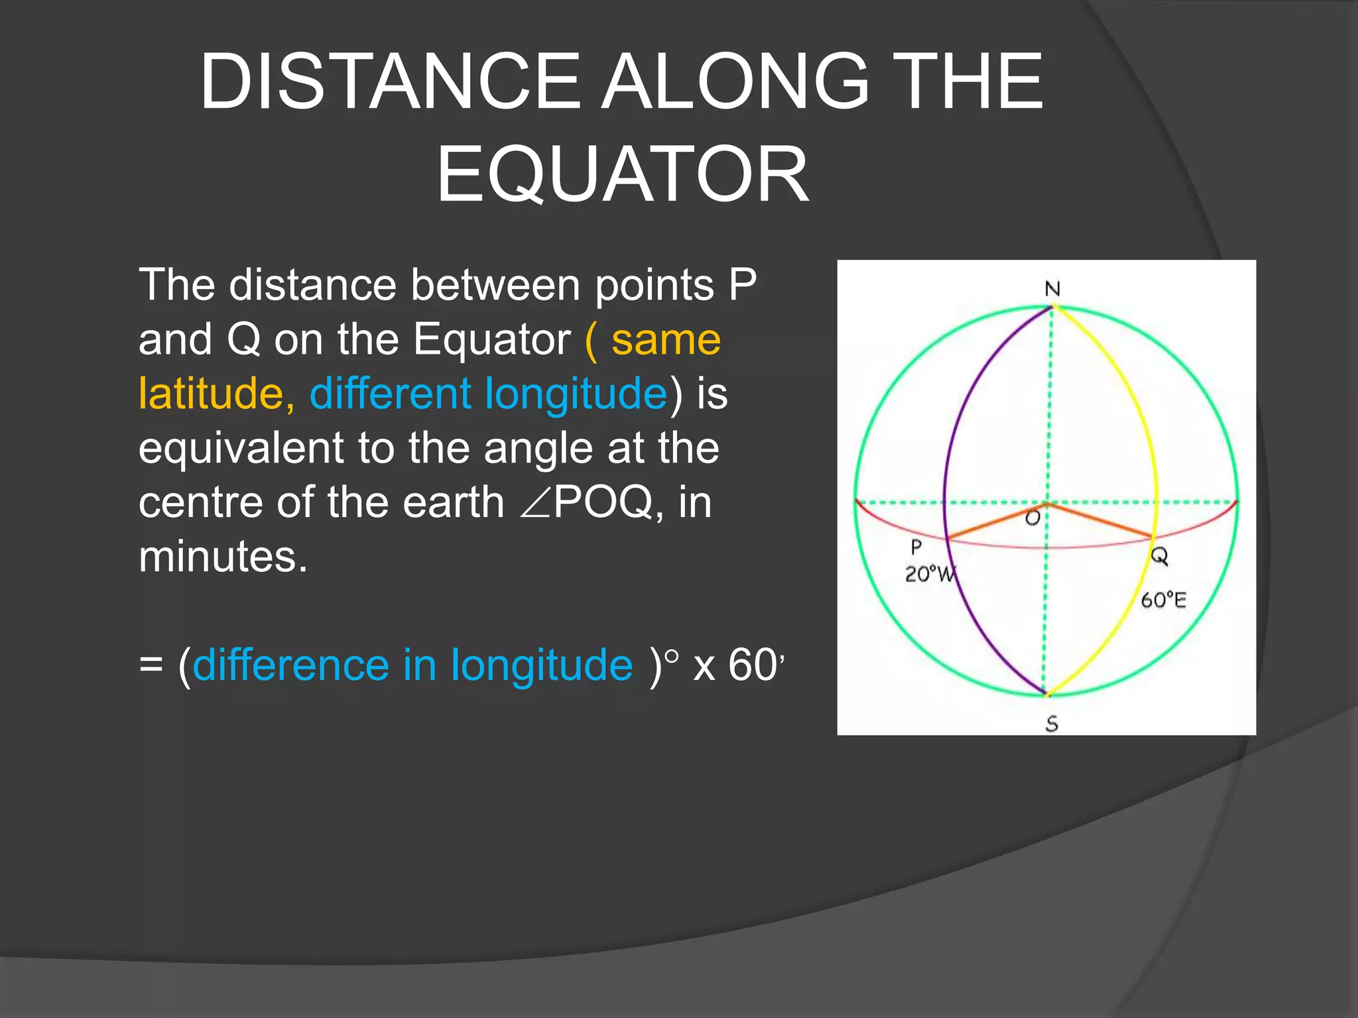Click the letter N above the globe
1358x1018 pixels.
click(1052, 289)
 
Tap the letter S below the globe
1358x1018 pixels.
click(1052, 724)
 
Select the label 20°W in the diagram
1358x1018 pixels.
click(930, 573)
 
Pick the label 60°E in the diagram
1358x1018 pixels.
click(1163, 600)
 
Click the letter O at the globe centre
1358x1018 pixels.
click(1032, 518)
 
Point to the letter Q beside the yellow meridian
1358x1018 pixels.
click(1159, 555)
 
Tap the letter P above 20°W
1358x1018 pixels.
click(916, 547)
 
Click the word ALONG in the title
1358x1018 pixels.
click(735, 82)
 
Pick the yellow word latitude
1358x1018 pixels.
click(211, 394)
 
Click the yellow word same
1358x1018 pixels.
click(666, 339)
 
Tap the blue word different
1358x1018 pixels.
click(390, 394)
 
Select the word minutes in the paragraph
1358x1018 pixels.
click(223, 557)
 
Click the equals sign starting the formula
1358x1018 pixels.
click(151, 665)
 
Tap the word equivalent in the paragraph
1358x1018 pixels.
click(241, 448)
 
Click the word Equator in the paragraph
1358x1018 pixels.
click(491, 339)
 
